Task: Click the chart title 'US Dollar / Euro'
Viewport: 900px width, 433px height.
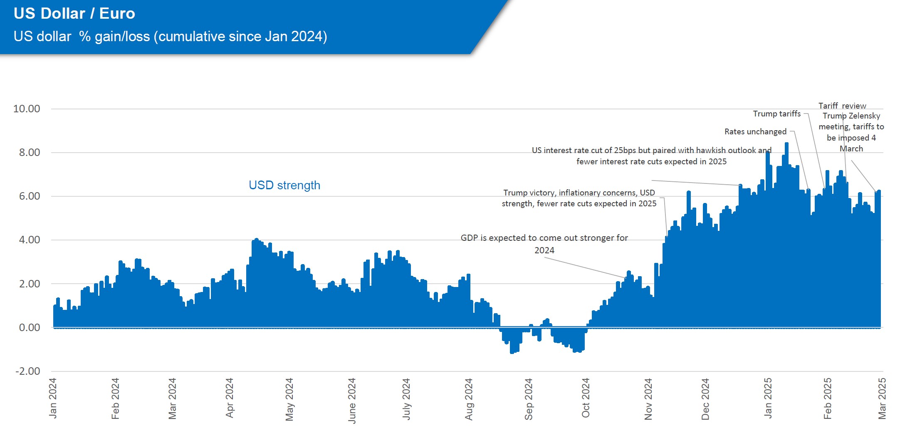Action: tap(74, 14)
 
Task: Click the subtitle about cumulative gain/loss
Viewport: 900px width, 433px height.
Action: tap(170, 37)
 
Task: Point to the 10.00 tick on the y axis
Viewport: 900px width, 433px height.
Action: tap(27, 109)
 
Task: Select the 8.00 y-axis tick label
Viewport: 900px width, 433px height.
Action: tap(30, 153)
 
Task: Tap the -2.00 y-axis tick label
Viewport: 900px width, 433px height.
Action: tap(28, 371)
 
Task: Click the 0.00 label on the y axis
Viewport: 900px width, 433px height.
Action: tap(30, 328)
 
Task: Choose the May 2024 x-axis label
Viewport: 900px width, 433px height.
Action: tap(289, 399)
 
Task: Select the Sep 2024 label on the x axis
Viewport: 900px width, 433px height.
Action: tap(529, 399)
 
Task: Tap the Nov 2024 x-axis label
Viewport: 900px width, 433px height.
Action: tap(648, 399)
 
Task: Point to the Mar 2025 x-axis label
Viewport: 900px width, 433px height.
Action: tap(882, 398)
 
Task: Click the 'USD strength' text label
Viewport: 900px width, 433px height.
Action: tap(284, 185)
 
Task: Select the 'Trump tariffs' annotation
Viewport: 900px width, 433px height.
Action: tap(776, 114)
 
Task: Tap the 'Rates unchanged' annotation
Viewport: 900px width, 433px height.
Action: tap(755, 132)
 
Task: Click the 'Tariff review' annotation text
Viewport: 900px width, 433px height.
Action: tap(842, 106)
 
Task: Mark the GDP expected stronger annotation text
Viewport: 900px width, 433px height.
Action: tap(544, 244)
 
